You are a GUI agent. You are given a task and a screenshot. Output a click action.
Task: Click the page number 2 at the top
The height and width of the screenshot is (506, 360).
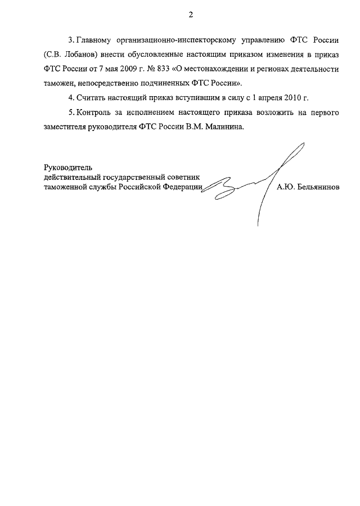[x=191, y=15]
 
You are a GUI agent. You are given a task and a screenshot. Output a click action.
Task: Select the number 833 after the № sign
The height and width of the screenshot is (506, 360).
[x=167, y=69]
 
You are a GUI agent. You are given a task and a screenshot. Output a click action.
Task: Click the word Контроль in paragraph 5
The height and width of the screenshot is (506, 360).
[x=93, y=113]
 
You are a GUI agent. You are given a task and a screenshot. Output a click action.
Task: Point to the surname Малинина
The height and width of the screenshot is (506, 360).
[x=225, y=127]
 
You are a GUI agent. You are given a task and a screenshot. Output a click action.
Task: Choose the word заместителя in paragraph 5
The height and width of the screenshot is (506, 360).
[x=66, y=127]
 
